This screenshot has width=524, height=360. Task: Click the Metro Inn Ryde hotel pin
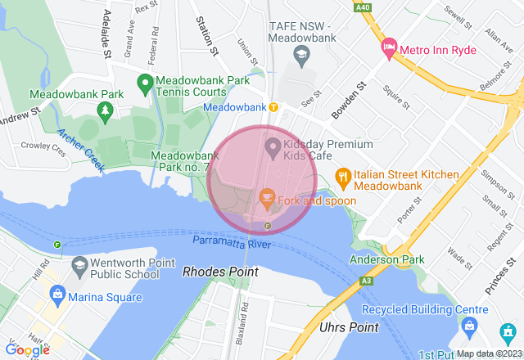click(389, 49)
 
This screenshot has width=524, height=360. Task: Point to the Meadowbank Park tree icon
click(105, 109)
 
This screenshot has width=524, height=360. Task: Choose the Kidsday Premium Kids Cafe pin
click(273, 148)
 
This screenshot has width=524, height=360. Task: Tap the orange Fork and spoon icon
click(266, 197)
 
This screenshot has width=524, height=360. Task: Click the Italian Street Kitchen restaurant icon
click(342, 174)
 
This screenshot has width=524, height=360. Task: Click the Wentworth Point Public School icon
click(79, 265)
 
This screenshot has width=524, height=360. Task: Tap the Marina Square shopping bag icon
click(57, 293)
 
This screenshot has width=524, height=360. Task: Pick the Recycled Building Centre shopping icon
click(469, 326)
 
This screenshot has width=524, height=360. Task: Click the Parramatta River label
click(232, 245)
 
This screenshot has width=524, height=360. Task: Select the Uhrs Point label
click(345, 327)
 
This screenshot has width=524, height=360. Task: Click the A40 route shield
click(362, 8)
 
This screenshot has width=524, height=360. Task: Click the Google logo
click(27, 349)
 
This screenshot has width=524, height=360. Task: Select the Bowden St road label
click(348, 97)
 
